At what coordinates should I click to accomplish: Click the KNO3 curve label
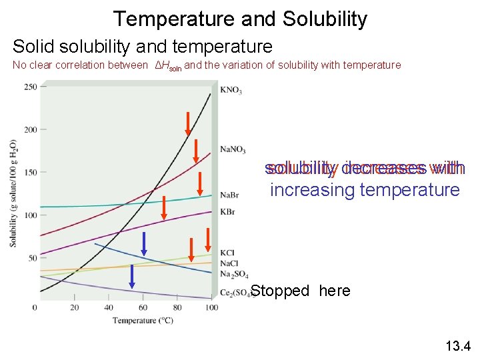(231, 90)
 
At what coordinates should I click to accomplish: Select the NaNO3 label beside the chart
(233, 150)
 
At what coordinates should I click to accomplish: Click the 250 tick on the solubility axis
(30, 87)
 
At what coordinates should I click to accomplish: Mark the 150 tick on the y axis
(30, 173)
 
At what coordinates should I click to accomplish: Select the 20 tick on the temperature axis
(74, 307)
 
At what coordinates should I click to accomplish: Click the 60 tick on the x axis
(143, 307)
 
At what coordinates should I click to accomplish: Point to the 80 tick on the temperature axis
(177, 307)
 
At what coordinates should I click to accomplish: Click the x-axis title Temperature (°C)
(143, 321)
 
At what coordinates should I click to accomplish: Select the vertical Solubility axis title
(13, 193)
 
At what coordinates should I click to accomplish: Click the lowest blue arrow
(132, 276)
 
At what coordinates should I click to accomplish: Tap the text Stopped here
(300, 291)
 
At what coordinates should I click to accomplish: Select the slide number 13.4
(457, 345)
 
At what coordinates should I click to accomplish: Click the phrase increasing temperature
(365, 190)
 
